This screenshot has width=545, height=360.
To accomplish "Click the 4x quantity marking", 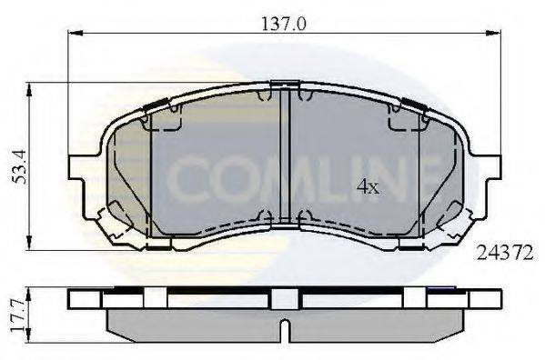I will tap(367, 188).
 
